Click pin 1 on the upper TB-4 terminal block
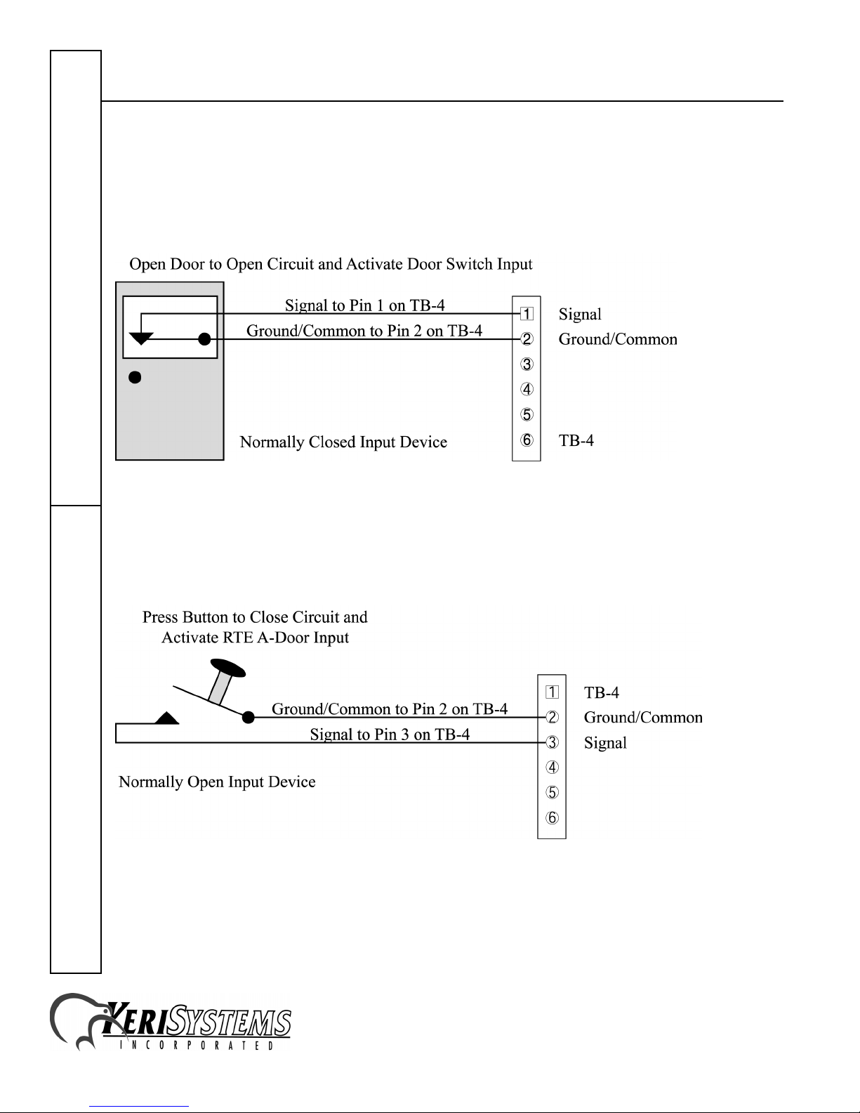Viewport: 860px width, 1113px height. [527, 313]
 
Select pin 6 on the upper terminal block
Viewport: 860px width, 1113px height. [527, 440]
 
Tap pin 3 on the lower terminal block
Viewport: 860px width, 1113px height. [552, 742]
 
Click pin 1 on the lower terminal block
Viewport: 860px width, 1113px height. [552, 692]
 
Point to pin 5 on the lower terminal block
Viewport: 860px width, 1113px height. [552, 792]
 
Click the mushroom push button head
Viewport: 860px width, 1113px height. [228, 668]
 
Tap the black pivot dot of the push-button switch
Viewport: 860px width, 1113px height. [249, 717]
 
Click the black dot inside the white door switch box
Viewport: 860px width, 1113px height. [204, 339]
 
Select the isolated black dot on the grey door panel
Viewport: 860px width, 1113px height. [135, 378]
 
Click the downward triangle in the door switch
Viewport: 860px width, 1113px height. [141, 338]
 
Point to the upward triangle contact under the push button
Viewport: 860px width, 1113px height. [167, 718]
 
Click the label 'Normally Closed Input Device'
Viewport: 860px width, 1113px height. [343, 442]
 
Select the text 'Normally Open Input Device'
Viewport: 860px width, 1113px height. [217, 782]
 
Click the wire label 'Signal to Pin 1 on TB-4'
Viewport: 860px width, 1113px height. [365, 305]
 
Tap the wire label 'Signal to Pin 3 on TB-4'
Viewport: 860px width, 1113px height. [390, 735]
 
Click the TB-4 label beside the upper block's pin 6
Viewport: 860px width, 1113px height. [576, 440]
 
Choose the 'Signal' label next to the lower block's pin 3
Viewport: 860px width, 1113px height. [605, 743]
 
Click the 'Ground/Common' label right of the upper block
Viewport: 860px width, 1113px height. [618, 339]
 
